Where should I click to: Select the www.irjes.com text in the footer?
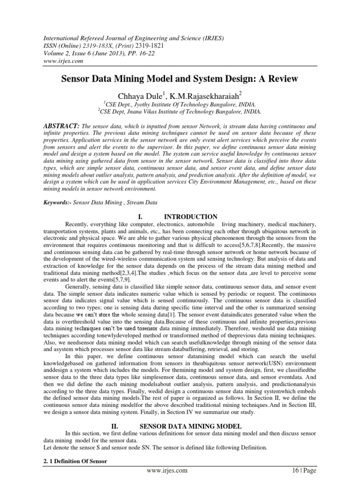(167, 470)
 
